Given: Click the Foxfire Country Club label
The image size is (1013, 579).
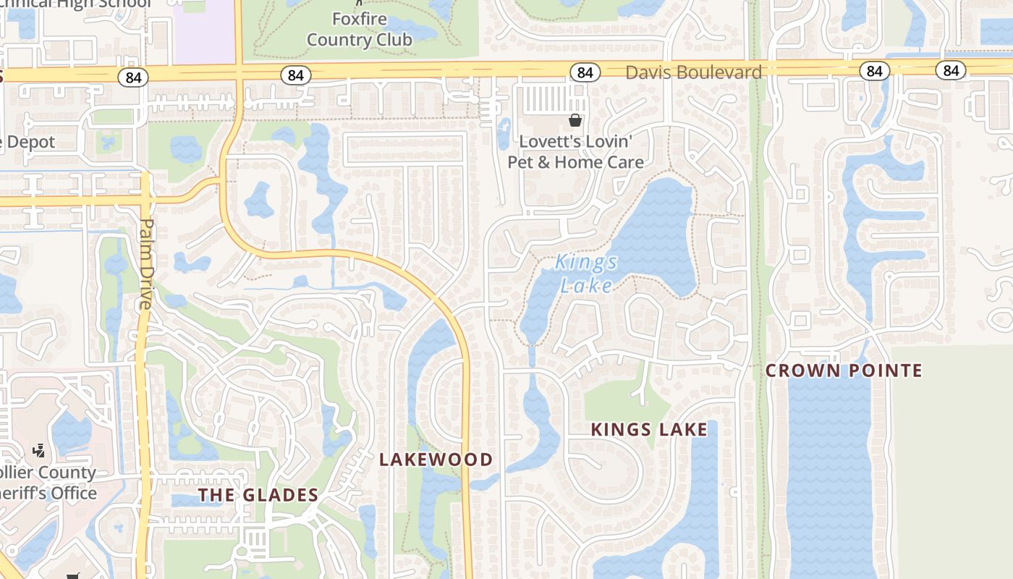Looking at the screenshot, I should pos(360,30).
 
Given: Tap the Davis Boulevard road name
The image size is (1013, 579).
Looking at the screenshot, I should pos(693,72).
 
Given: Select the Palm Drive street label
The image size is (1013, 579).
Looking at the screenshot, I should pos(146,263).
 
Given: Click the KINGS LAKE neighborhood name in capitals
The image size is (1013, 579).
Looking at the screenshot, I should pos(649,430).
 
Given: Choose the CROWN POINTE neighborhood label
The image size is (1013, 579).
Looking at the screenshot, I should pos(844,371).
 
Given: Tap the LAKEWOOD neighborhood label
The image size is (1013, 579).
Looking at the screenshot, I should pos(436,460).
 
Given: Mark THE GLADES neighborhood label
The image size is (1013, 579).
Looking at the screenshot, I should pos(258,495).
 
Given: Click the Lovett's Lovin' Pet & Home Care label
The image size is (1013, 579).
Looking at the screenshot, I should pos(575,152).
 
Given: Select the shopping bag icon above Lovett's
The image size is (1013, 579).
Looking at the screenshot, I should pos(575,120).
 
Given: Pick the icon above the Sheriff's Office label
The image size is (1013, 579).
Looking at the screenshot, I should pos(39,451).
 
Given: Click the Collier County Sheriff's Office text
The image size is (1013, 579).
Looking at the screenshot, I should pos(48,483).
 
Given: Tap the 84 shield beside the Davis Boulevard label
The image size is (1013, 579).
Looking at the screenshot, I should pos(585,72).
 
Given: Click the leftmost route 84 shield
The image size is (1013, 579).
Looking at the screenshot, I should pos(133,77).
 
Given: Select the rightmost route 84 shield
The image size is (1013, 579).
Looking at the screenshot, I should pos(951,70).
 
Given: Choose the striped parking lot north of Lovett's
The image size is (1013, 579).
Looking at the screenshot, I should pos(554,98).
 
